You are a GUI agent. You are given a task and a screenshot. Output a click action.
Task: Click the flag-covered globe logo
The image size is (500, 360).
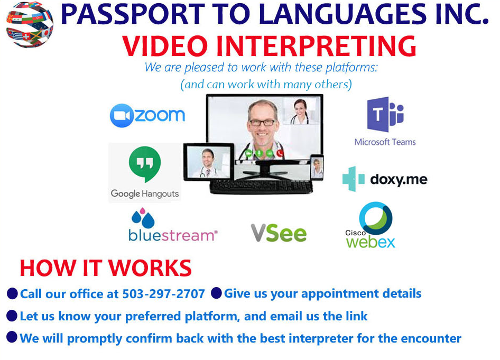click(x=30, y=24)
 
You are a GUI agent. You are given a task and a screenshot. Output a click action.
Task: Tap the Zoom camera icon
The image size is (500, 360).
click(x=122, y=115)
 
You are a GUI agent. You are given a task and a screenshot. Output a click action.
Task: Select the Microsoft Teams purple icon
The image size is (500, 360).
click(x=385, y=114)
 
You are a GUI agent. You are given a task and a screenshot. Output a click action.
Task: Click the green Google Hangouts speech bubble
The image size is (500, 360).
click(x=145, y=164)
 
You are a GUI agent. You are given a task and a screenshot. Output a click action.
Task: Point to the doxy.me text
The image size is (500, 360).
click(x=399, y=180)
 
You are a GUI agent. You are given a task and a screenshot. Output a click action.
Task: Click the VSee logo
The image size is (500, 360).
click(x=279, y=233)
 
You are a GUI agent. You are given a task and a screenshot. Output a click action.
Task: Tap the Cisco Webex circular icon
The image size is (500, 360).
click(x=376, y=218)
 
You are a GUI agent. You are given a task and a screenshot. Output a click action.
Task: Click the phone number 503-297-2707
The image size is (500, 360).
click(x=164, y=294)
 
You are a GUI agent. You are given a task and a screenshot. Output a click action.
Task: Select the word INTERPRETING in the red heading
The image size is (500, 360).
click(x=316, y=46)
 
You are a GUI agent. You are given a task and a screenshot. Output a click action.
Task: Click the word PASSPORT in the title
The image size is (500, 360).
click(x=133, y=14)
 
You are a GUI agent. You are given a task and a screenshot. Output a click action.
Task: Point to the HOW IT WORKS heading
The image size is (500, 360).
click(x=106, y=268)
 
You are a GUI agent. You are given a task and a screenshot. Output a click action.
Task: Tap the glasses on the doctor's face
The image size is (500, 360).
click(x=262, y=123)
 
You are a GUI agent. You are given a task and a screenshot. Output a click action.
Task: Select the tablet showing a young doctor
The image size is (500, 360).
click(x=209, y=161)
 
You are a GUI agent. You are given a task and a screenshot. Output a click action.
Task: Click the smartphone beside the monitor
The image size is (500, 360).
click(x=317, y=167)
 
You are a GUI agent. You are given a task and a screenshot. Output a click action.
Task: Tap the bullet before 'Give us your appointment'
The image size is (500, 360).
click(x=217, y=293)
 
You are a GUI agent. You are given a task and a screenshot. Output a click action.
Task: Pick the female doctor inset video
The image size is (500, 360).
click(x=300, y=110)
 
